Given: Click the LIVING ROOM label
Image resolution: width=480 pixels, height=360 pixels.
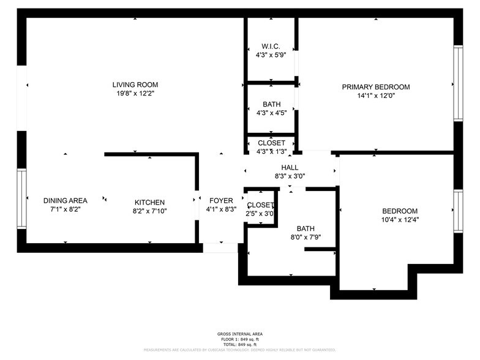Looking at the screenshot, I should coord(135,84).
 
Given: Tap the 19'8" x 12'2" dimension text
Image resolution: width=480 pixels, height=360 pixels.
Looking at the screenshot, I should coord(135,94).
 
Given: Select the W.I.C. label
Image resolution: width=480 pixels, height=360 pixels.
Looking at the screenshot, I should coord(271,47).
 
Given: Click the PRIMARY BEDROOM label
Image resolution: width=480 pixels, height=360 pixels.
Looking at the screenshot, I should coord(375,87).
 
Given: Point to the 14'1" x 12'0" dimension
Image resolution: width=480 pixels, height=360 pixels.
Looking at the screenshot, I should coord(375,96).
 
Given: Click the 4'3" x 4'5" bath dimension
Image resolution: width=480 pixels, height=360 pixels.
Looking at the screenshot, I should coord(271,113).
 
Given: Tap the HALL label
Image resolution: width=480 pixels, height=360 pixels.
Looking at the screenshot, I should coord(290,167).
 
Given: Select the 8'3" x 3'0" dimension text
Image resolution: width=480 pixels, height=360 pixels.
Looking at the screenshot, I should coord(290,176).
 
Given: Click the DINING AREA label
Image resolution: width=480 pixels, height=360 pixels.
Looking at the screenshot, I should coord(65,200).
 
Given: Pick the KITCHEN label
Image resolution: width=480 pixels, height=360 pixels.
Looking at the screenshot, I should coord(150,202).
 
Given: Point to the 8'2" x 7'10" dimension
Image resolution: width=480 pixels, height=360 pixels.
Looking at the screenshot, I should coord(150,211).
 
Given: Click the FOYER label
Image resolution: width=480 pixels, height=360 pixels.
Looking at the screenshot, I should coord(221,200).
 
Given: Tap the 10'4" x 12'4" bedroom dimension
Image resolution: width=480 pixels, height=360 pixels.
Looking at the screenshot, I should coord(400,219).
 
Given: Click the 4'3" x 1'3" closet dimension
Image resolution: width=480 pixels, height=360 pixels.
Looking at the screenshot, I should coord(271,151).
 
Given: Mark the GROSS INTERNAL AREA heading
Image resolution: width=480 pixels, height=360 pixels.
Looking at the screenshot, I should coord(239,334).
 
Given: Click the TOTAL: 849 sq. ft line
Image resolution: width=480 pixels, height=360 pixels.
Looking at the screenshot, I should coord(239,345).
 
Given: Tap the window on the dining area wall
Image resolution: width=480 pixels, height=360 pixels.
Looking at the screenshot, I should coord(21,198).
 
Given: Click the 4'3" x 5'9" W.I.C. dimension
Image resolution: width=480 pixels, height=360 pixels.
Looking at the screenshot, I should coord(271,55).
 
